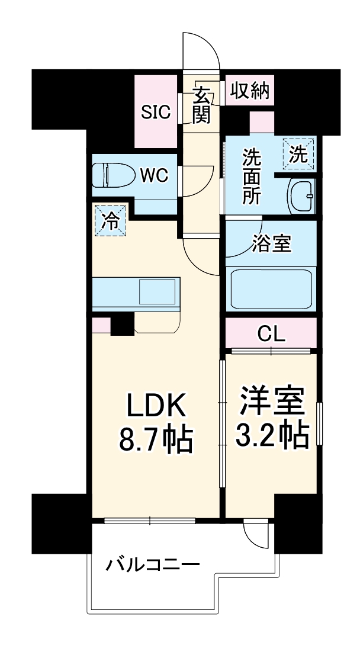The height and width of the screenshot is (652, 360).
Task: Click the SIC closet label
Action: tap(156, 111)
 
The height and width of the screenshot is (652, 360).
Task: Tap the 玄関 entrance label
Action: tap(201, 104)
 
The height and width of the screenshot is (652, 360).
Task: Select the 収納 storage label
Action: tap(249, 92)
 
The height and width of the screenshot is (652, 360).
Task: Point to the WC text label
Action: tap(154, 175)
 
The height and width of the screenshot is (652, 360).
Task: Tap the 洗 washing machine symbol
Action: tap(299, 154)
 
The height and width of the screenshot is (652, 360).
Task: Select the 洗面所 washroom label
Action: tap(252, 176)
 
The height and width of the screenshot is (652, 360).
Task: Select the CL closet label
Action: tap(271, 335)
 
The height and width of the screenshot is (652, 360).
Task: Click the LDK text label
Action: tap(156, 407)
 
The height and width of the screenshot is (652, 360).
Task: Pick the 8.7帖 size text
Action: tap(156, 440)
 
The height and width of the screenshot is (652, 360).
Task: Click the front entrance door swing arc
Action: tap(201, 50)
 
